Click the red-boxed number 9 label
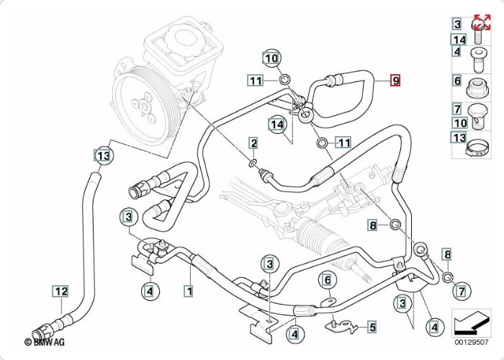pos(395,81)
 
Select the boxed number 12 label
pos(60,292)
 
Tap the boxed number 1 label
pos(189,292)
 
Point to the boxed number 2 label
pos(253,144)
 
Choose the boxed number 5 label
pos(372,327)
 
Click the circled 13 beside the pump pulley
pos(104,155)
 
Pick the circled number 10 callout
pos(271,58)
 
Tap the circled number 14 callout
pos(278,125)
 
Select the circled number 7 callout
pos(462,292)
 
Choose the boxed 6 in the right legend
pos(457,81)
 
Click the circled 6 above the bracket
pos(326,279)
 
